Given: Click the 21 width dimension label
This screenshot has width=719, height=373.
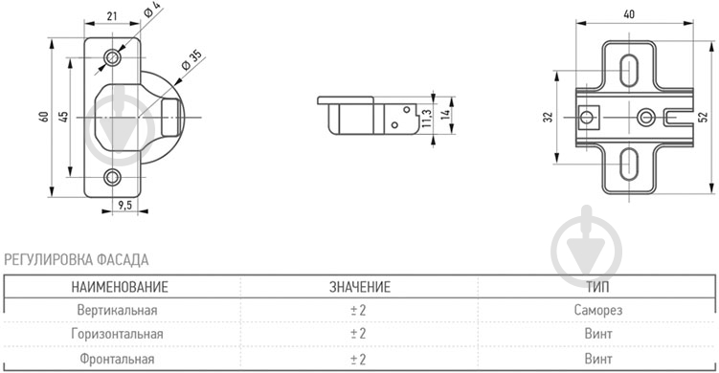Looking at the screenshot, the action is coord(112,16).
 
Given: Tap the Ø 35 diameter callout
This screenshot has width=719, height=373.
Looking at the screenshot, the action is coord(191,60).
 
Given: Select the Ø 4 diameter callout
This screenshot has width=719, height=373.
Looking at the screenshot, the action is coord(152,10).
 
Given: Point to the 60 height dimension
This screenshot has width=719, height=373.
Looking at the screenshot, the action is coord(44,117).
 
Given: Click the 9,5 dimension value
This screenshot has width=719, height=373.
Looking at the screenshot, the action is coord(124,205).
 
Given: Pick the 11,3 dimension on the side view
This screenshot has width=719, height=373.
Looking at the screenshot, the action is coord(426,118).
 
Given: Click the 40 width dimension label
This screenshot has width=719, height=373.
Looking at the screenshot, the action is coord(629,14).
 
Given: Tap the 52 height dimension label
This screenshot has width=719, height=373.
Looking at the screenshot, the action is coord(703,117).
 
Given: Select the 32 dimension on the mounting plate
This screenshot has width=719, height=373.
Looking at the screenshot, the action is coord(548,118).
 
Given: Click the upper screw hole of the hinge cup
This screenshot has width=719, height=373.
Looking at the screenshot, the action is coord(112,57).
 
